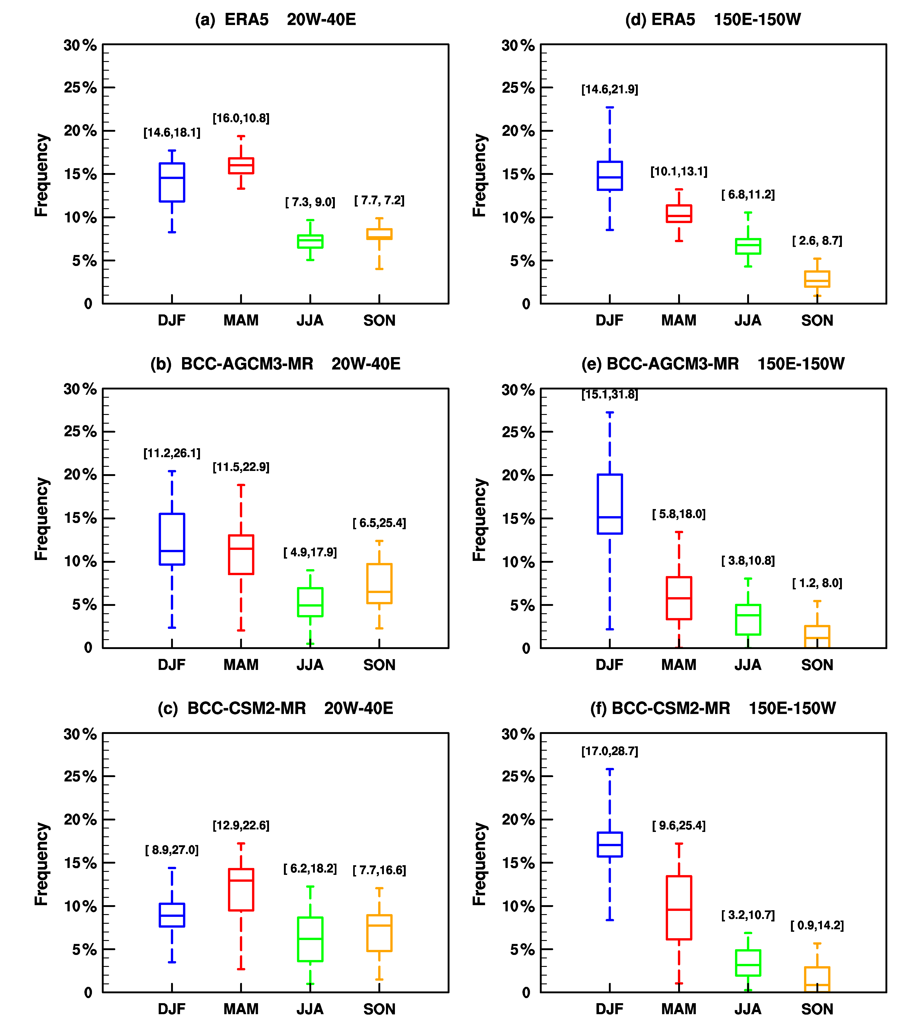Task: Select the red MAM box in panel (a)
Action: [x=241, y=166]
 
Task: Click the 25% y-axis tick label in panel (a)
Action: [x=80, y=88]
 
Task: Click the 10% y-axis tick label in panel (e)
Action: [x=518, y=562]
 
